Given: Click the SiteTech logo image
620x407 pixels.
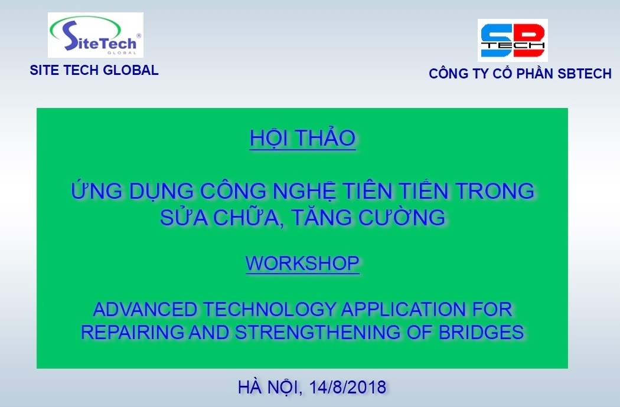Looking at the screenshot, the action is click(x=95, y=35).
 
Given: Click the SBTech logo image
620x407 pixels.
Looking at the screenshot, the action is click(x=513, y=40).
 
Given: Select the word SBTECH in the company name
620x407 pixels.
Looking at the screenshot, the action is click(x=585, y=74).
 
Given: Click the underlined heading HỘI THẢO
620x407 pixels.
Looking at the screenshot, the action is click(x=302, y=138).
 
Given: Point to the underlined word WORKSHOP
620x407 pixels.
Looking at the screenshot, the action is click(x=302, y=263).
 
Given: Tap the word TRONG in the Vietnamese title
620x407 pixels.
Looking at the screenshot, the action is click(x=495, y=191).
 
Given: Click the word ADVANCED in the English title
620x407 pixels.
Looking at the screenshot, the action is click(x=145, y=309).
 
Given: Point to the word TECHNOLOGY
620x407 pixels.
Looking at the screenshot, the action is click(x=269, y=309).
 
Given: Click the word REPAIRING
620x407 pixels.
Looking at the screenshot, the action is click(x=132, y=332).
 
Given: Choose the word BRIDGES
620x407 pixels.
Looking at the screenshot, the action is click(x=481, y=332).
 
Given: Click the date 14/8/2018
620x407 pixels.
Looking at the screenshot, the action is click(x=348, y=387).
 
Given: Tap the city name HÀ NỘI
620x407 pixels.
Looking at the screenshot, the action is click(x=270, y=387).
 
